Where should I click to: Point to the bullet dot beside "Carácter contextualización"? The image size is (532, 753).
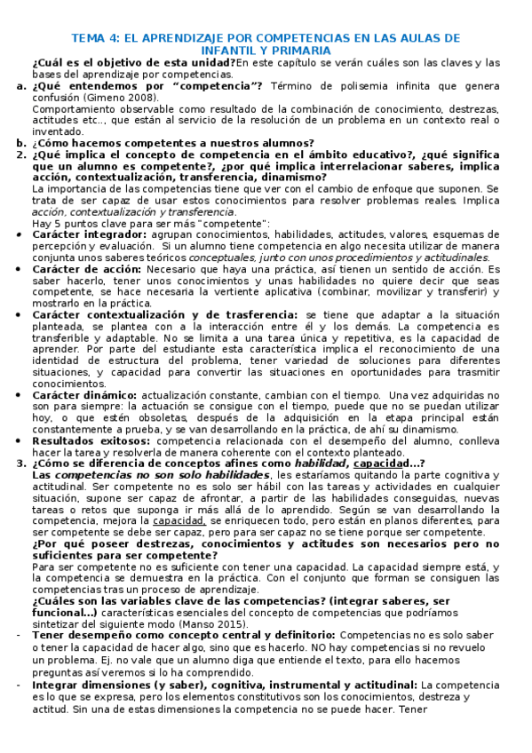(20, 315)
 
